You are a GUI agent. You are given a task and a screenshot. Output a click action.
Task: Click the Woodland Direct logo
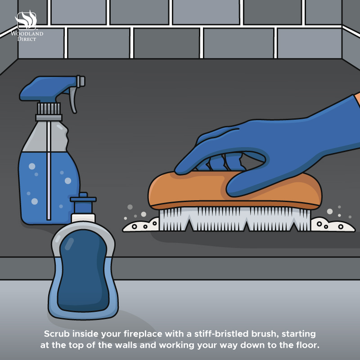coord(27,26)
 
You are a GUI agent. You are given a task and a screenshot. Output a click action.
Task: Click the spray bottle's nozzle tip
coord(81,81)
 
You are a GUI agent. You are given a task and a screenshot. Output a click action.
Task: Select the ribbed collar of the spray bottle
coord(49,109)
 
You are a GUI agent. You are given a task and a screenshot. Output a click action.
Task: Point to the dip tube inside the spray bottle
coord(48,170)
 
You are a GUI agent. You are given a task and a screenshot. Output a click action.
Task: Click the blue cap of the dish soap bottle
coord(83,203)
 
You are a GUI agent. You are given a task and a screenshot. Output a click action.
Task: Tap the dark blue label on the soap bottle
coord(83,270)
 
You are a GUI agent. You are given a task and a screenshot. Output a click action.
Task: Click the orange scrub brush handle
coord(234,191)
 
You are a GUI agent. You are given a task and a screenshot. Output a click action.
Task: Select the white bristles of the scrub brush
coord(235,219)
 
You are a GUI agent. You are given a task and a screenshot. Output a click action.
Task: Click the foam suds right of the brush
coord(332,225)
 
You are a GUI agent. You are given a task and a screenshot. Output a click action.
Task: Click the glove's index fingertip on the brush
coord(181,170)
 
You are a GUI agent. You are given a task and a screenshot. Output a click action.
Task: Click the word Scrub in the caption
coord(57,334)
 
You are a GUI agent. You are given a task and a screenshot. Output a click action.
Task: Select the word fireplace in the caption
coord(143,334)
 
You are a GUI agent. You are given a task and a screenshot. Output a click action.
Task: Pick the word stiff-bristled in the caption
coord(221,334)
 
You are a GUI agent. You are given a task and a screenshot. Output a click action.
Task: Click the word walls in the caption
coord(125,345)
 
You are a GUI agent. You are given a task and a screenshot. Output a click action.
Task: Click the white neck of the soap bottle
coord(83,218)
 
